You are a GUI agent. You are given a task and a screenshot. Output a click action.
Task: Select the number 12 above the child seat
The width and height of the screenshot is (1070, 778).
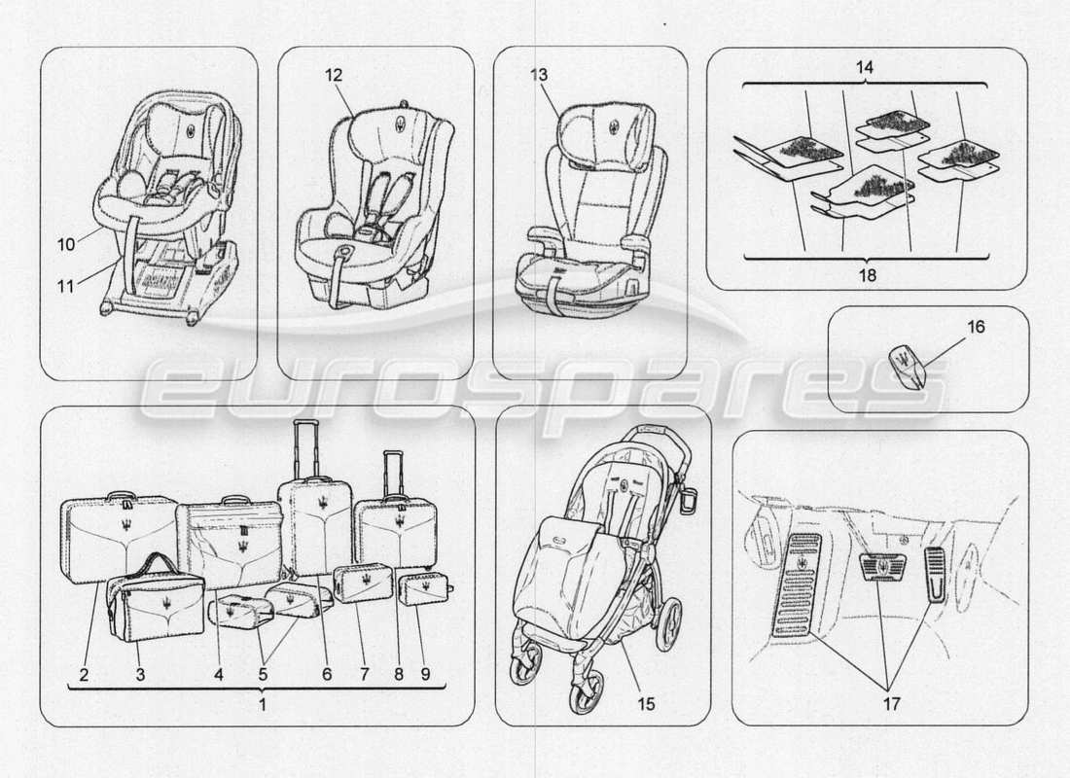pyautogui.click(x=334, y=73)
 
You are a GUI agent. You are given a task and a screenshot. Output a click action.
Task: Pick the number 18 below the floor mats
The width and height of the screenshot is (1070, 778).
pyautogui.click(x=866, y=275)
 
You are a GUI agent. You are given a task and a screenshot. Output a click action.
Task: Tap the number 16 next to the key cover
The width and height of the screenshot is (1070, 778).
pyautogui.click(x=976, y=328)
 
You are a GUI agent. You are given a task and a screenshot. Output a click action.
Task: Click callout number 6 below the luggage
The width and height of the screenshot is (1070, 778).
pyautogui.click(x=327, y=674)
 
